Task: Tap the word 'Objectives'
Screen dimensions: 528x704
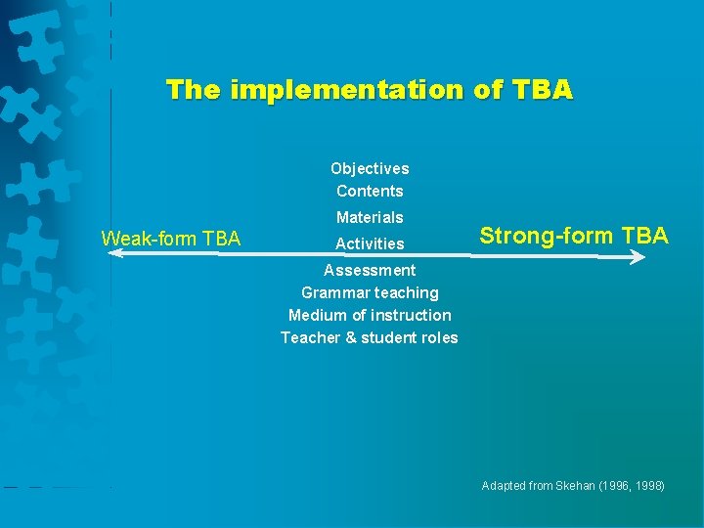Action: [x=370, y=168]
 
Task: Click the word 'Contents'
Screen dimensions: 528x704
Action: [x=370, y=191]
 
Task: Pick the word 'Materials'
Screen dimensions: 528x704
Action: [x=370, y=217]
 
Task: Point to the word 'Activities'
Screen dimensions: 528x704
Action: [x=370, y=243]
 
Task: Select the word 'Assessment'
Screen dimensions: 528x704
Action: [x=370, y=270]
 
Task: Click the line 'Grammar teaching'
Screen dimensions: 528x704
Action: [x=370, y=292]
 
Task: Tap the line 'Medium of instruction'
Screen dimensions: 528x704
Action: [x=370, y=315]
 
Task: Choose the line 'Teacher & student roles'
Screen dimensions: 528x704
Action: [x=370, y=337]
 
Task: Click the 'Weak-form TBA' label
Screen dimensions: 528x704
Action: [x=171, y=238]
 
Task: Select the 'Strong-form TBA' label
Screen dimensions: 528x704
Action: [x=574, y=236]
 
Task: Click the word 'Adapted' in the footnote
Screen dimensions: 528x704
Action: [x=503, y=486]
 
